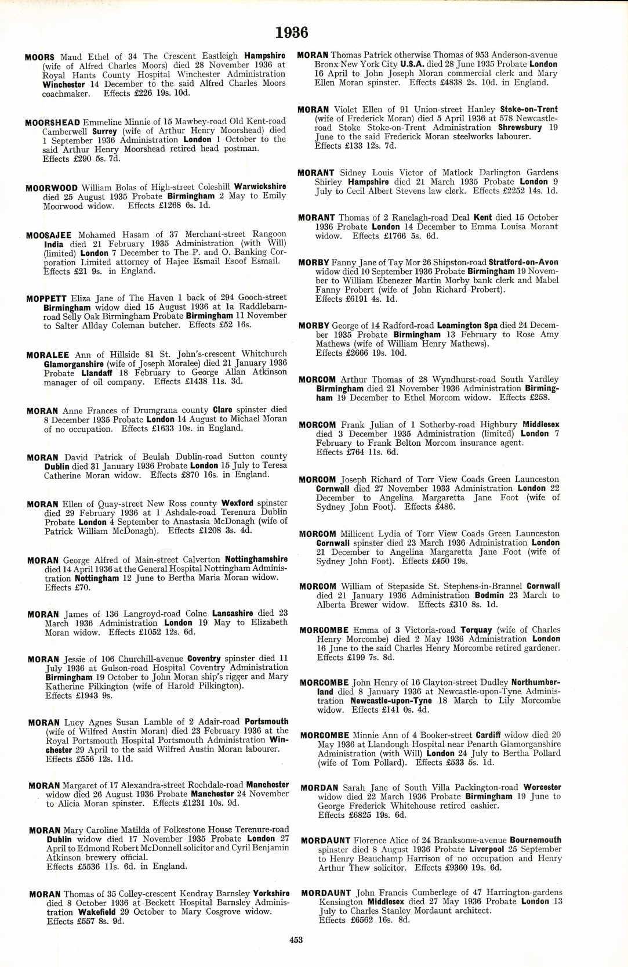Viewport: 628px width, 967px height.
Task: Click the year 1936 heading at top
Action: click(292, 33)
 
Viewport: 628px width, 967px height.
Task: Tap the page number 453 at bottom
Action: click(296, 940)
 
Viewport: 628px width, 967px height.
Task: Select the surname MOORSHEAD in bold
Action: click(53, 122)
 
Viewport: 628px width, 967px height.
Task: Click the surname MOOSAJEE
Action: click(49, 235)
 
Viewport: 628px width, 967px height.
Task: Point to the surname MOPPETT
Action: click(46, 298)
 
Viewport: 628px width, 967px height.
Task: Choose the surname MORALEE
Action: click(48, 355)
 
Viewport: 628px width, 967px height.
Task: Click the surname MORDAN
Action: click(320, 788)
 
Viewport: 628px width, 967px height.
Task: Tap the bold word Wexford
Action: click(237, 503)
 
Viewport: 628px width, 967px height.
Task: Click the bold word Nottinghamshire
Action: click(256, 560)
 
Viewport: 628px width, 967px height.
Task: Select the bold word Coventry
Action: click(204, 659)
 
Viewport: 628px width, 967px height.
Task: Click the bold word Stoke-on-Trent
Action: click(529, 109)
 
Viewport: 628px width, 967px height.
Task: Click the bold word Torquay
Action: click(476, 630)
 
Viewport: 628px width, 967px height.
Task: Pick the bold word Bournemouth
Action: click(536, 840)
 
